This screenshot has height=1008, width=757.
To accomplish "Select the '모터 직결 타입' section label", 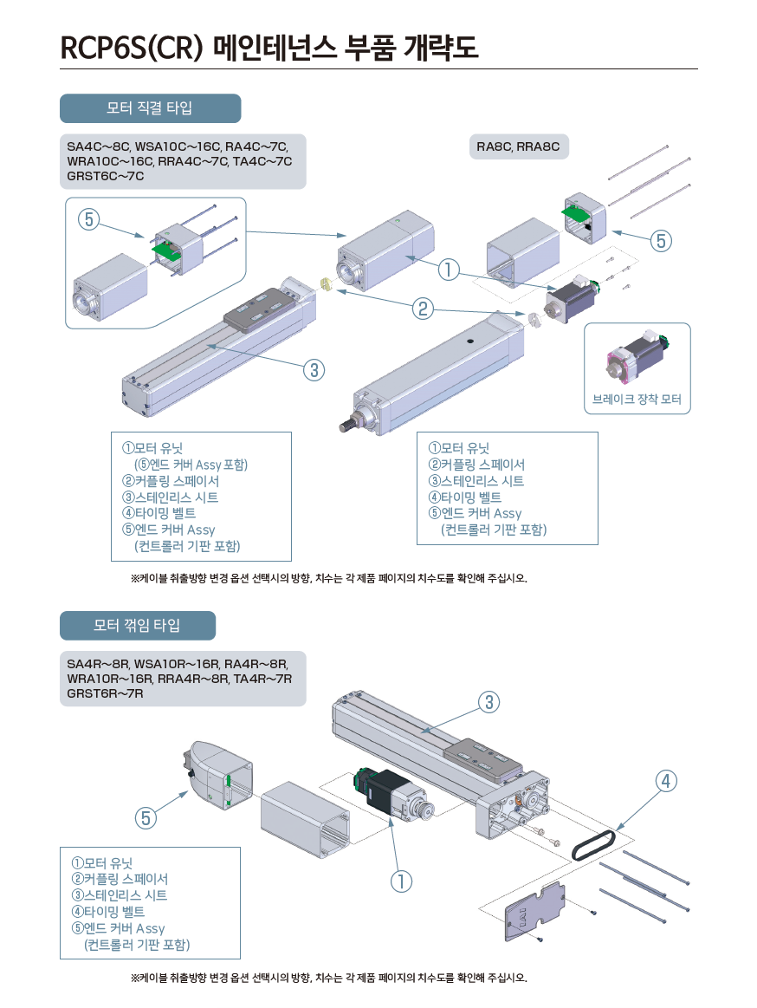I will click(149, 108).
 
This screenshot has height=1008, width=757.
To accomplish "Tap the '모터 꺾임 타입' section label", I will click(137, 625).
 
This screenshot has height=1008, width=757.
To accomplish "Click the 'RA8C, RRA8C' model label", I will click(518, 146).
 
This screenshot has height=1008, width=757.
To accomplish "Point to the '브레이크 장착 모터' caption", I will click(637, 400).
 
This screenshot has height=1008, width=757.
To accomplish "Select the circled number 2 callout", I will click(423, 309).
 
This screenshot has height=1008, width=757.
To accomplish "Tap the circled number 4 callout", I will click(665, 781).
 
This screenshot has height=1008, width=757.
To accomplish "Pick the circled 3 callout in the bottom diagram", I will click(489, 702).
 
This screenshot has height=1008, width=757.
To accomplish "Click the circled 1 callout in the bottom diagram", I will click(400, 881).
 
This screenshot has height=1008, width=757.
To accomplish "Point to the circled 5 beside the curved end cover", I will click(146, 816).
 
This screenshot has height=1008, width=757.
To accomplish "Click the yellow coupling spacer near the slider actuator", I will click(327, 284).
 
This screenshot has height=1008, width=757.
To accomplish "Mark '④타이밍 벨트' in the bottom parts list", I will click(108, 912).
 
